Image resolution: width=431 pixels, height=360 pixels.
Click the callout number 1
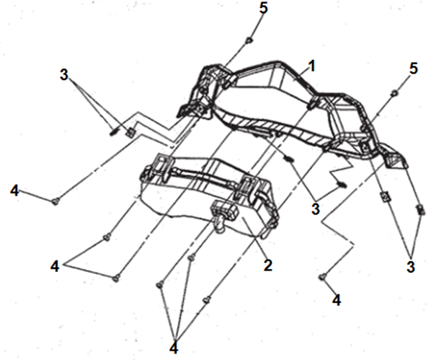coord(311,67)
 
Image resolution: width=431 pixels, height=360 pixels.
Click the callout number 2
coord(267,265)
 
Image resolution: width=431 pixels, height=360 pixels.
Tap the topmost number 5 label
coord(263,8)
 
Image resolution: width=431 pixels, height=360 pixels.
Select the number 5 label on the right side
coord(414,69)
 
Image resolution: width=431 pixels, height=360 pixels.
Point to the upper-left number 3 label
coord(63,74)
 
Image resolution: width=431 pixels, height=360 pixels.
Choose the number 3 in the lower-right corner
coord(410,267)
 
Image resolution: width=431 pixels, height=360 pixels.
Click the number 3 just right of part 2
coord(316,209)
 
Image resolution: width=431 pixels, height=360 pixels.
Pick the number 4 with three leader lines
coord(174,348)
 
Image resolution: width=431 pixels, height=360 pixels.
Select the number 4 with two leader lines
coord(55,266)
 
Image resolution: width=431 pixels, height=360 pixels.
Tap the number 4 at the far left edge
coord(14,190)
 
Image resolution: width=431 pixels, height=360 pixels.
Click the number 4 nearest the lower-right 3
coord(337,300)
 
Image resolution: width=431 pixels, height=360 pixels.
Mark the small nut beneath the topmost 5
coord(249,40)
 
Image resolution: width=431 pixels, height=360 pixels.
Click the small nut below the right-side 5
coord(394,93)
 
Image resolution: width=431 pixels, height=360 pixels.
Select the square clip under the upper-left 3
coord(130,133)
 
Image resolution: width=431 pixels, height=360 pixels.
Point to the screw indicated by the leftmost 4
coord(55,202)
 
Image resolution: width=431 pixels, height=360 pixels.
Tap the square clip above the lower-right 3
coord(386,196)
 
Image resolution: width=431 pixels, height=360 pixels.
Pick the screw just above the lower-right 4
coord(323,277)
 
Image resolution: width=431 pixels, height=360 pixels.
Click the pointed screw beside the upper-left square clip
coord(113,131)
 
